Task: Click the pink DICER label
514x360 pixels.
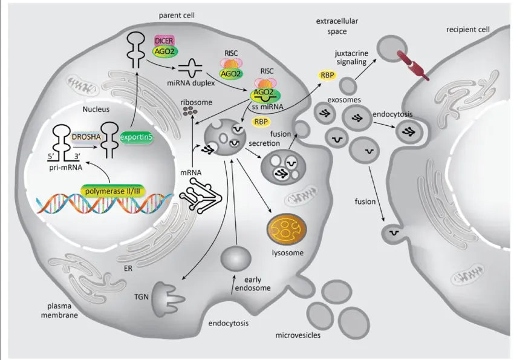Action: (x=164, y=41)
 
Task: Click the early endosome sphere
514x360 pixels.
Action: (x=236, y=260)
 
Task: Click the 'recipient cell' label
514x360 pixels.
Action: (x=468, y=29)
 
